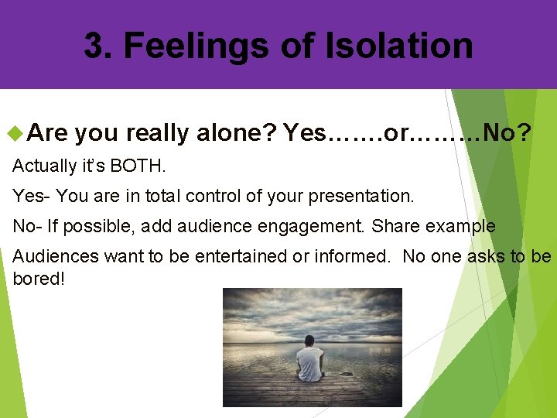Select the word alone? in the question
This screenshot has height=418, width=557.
point(237,133)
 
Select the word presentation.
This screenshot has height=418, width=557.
point(361,196)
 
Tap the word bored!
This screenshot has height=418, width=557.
point(39,278)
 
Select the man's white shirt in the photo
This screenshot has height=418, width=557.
point(309,361)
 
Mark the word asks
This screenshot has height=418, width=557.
point(488,257)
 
